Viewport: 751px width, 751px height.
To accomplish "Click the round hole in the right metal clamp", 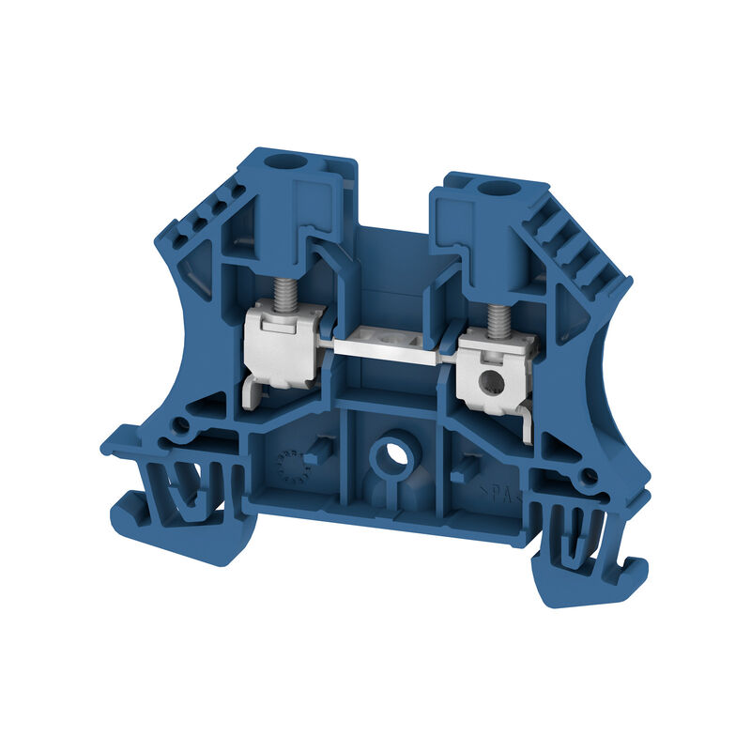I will (487, 381).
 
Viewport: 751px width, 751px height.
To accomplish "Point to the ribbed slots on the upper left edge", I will (202, 211).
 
